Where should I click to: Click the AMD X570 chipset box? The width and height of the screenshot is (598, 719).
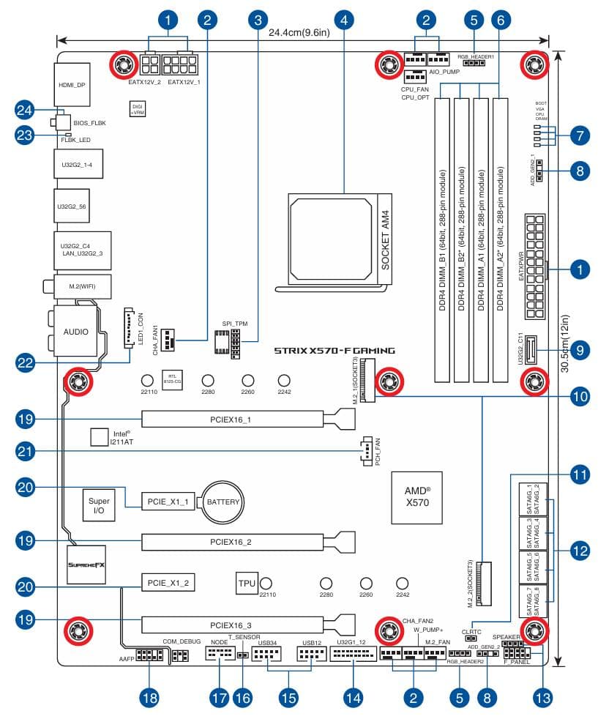click(x=417, y=497)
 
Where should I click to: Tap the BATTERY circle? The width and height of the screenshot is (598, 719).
click(x=223, y=502)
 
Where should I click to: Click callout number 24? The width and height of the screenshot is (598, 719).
click(x=26, y=111)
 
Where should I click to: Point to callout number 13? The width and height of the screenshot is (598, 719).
click(x=542, y=698)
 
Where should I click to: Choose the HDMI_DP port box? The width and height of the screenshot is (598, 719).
click(x=72, y=86)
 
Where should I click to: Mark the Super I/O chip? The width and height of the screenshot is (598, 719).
click(x=99, y=504)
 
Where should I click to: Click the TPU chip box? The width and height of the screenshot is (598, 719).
click(x=246, y=584)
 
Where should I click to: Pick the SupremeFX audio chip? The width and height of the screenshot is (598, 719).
click(x=86, y=565)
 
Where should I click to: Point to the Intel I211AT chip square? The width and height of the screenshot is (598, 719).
click(x=100, y=437)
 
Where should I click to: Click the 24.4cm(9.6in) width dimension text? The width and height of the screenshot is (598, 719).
click(x=299, y=33)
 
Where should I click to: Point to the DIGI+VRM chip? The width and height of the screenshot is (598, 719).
click(x=137, y=110)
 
